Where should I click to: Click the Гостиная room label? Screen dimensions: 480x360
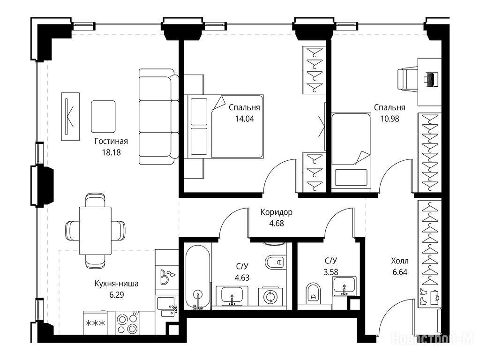tap(111, 141)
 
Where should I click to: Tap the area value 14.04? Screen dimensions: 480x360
tap(244, 119)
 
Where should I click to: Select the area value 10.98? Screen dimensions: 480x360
tap(390, 119)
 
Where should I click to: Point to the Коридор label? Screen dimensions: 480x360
tap(277, 212)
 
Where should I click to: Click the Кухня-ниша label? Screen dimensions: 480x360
tap(117, 284)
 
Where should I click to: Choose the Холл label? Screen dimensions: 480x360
tap(400, 261)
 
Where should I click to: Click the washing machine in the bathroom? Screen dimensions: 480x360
tap(270, 296)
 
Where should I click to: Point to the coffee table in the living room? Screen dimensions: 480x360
tap(103, 117)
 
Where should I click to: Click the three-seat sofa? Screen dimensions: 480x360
tap(158, 117)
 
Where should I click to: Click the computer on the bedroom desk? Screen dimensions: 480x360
tap(431, 79)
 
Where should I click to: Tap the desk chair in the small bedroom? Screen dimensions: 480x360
tap(407, 79)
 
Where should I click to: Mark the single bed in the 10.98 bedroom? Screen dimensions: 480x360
tap(352, 151)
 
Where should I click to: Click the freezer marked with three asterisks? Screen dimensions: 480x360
tap(95, 323)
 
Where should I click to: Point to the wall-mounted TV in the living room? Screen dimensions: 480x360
tap(70, 117)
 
